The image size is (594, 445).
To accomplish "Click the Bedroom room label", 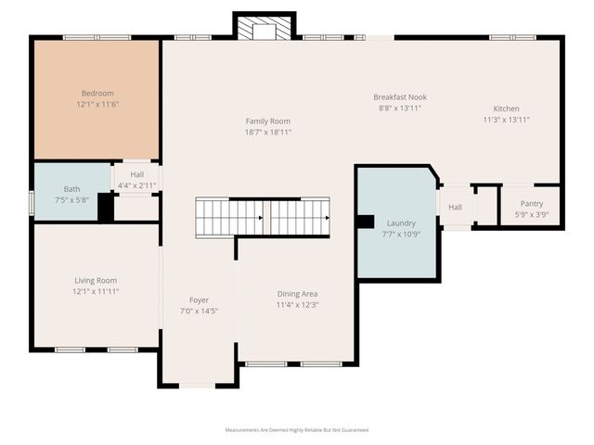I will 97,93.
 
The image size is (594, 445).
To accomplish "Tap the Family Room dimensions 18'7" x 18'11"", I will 268,133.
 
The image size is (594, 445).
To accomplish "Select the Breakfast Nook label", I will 400,96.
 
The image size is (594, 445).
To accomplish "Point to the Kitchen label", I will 506,108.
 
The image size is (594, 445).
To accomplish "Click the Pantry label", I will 532,203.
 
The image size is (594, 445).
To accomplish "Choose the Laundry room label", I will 401,223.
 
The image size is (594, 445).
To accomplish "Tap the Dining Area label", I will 297,294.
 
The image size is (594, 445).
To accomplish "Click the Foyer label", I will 199,299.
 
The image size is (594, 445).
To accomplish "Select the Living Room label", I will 97,280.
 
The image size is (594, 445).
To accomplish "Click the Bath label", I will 71,189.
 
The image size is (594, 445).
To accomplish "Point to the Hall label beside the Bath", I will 137,174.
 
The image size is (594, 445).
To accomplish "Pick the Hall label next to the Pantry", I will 455,207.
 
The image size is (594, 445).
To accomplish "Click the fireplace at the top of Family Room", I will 265,30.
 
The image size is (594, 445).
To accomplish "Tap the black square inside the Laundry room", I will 366,222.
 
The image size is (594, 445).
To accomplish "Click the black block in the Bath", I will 106,207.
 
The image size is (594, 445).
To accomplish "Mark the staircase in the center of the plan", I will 263,218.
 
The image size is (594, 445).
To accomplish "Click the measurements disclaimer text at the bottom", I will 297,430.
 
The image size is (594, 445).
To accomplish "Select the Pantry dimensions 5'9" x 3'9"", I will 532,214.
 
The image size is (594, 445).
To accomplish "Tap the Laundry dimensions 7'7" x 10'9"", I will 401,235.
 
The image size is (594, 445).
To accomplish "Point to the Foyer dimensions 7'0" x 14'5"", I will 199,311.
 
